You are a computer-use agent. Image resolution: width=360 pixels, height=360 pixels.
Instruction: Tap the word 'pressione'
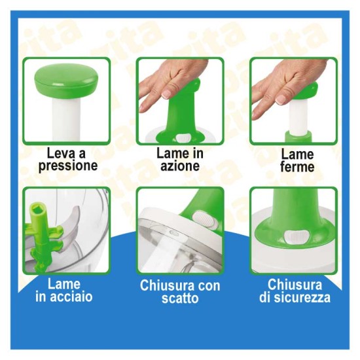pos(67,166)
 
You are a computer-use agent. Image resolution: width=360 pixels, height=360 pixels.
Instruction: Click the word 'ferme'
pos(297,166)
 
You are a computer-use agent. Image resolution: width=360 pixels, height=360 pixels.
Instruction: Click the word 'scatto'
pos(180,299)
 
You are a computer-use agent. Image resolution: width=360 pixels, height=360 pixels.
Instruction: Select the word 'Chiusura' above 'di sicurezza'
pos(295,285)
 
